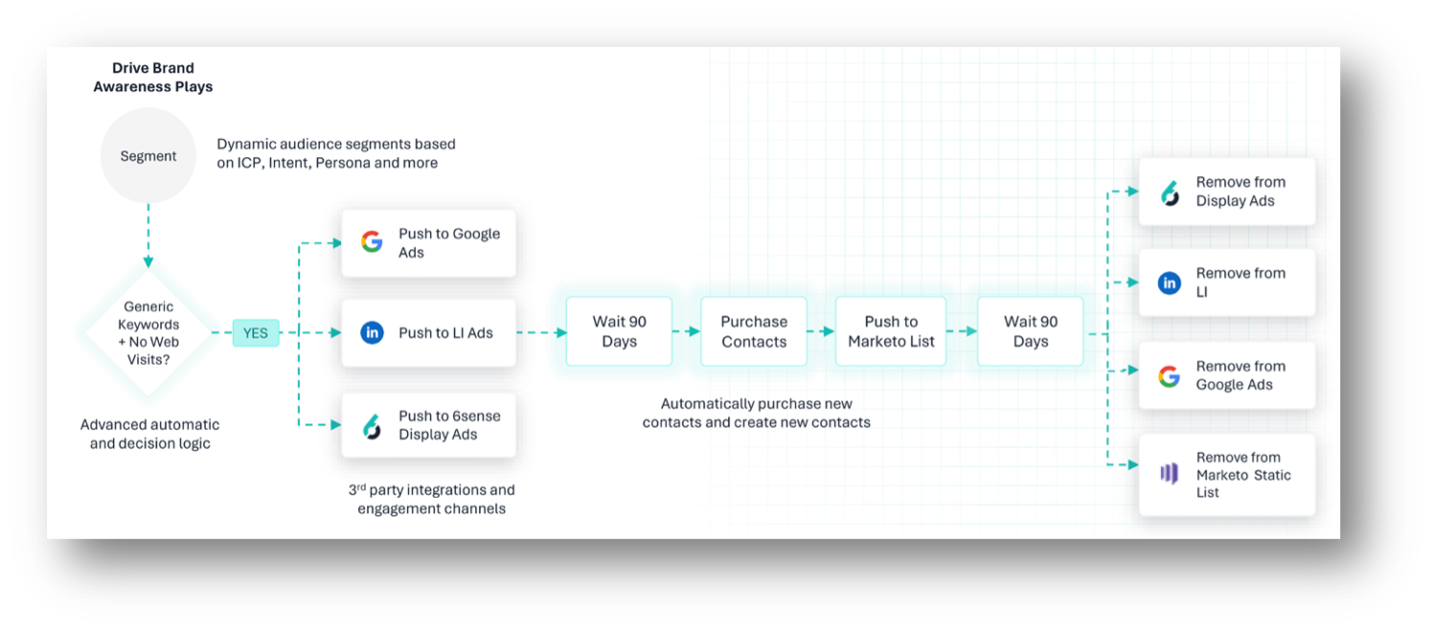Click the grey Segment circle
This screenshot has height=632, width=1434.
tap(148, 155)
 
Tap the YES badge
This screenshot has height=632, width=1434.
tap(256, 332)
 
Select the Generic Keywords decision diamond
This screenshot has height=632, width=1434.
tap(148, 332)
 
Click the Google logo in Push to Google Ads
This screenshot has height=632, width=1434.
tap(372, 242)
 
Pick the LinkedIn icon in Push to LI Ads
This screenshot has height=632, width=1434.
tap(372, 332)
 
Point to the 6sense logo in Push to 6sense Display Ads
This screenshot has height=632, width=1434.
tap(372, 426)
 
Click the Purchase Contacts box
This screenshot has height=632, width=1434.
tap(754, 331)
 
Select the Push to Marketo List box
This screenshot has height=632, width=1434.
tap(891, 331)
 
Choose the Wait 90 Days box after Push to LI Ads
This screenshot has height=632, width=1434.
tap(619, 331)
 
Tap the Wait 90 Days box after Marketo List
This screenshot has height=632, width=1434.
tap(1030, 331)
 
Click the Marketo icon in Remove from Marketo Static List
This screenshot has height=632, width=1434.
tap(1169, 474)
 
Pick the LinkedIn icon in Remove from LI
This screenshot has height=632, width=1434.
tap(1169, 282)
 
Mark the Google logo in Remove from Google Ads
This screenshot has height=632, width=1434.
tap(1169, 376)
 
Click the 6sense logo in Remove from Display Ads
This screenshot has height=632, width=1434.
tap(1170, 192)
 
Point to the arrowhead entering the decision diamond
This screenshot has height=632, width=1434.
tap(148, 262)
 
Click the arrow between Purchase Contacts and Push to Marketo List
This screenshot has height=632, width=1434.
tap(821, 331)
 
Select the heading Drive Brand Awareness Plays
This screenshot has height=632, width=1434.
tap(153, 78)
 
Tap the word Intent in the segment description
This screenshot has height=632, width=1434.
tap(288, 163)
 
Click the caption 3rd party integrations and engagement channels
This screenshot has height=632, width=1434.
tap(431, 499)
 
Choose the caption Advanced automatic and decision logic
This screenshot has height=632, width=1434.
tap(149, 434)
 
